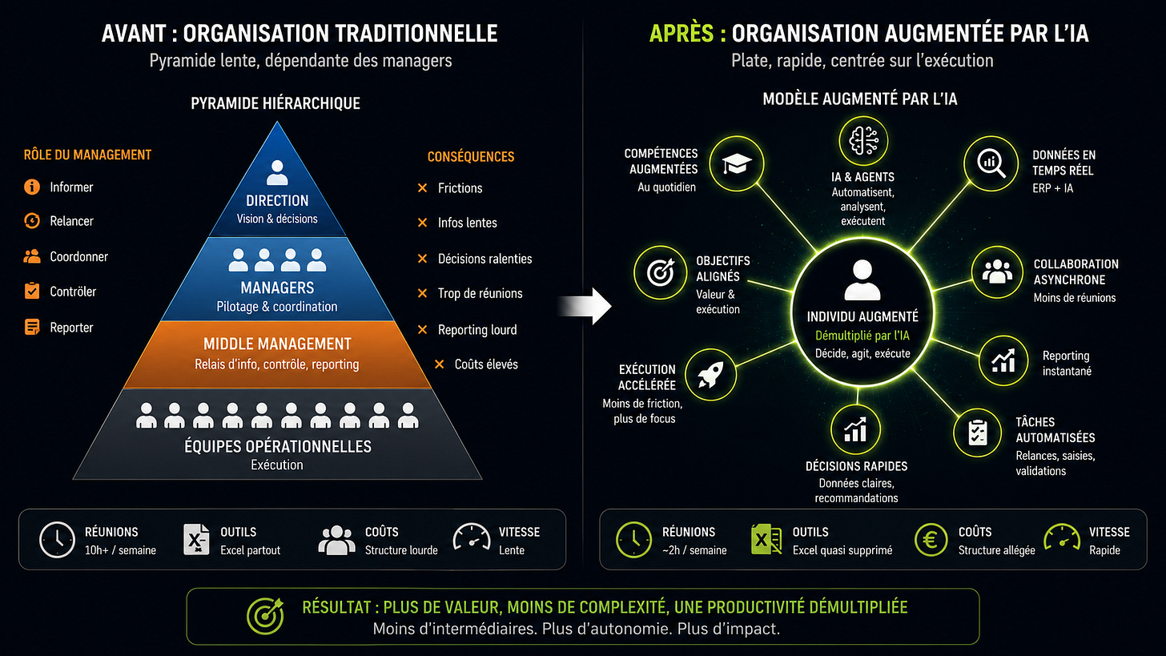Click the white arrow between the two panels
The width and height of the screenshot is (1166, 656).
585,306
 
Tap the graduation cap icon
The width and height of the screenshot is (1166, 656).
737,164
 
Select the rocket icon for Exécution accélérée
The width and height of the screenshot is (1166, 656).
710,375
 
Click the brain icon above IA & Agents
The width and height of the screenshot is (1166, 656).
863,141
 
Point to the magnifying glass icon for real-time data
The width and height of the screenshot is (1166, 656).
991,163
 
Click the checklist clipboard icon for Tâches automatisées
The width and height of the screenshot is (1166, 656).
978,433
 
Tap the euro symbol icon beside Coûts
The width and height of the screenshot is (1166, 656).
931,540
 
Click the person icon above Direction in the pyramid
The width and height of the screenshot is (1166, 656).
277,173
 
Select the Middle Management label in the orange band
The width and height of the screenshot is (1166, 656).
277,344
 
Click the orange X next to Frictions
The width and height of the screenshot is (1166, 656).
422,188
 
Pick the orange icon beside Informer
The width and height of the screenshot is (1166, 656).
32,187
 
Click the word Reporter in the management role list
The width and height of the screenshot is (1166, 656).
71,328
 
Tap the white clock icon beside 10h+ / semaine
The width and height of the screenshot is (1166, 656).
58,540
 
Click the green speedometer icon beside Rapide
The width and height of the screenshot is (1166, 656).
1062,537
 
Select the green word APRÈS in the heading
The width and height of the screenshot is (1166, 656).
682,34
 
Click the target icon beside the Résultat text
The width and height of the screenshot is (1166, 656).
265,617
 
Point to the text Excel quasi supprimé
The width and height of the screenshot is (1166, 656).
842,550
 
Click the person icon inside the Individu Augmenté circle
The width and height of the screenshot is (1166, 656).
862,280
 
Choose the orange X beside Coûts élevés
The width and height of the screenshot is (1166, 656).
440,364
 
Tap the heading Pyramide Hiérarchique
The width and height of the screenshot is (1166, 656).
275,103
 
